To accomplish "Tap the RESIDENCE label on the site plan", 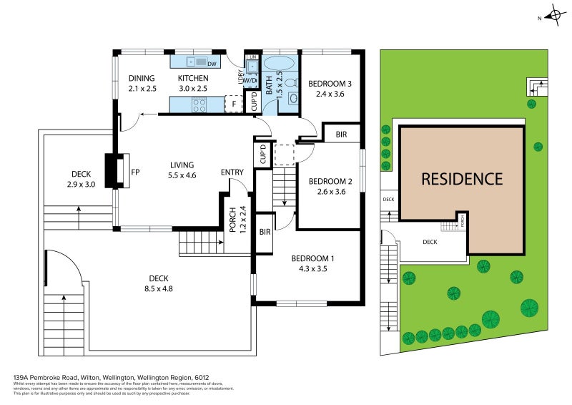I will tap(461, 179).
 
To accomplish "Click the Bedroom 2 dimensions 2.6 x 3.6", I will tap(330, 192).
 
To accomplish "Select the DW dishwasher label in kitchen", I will tap(212, 64).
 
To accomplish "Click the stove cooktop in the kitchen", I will tap(198, 105).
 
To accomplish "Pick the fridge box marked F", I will tap(233, 104).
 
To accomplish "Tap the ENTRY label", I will tap(232, 172).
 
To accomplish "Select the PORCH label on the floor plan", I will tap(232, 220).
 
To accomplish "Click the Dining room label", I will tap(141, 79).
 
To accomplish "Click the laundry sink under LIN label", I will tap(252, 67).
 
